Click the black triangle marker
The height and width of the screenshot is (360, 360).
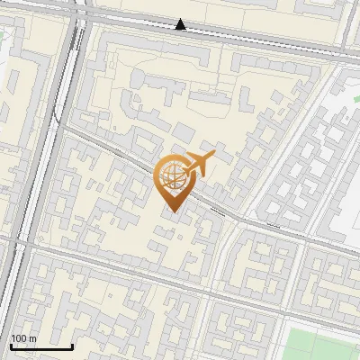click(182, 24)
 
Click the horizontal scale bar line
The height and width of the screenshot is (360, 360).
click(41, 346)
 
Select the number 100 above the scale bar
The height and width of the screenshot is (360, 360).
click(19, 338)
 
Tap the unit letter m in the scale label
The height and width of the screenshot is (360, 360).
click(32, 338)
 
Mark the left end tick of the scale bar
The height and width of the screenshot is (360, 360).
click(11, 344)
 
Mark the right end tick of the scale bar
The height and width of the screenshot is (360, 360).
click(73, 344)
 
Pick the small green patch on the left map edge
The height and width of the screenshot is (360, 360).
click(2, 38)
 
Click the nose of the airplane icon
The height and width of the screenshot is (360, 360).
click(214, 157)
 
